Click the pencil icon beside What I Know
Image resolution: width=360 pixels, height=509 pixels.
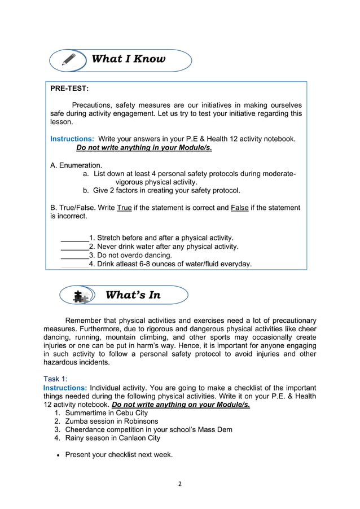tap(69, 60)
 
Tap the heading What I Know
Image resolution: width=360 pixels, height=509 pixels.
tap(128, 59)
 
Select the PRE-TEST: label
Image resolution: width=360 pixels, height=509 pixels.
tap(69, 89)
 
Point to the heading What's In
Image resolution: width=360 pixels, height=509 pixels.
tap(133, 295)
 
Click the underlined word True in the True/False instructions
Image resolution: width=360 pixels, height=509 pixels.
tap(124, 208)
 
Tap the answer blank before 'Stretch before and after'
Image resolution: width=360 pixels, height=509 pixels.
tap(74, 238)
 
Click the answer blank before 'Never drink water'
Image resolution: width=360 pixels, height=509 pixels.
tap(74, 247)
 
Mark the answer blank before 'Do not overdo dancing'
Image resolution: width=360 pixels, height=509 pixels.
tap(74, 255)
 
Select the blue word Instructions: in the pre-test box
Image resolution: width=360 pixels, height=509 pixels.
tap(72, 139)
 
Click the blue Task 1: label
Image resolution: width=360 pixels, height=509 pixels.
tap(55, 379)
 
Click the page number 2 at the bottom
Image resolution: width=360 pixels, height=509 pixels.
tap(179, 484)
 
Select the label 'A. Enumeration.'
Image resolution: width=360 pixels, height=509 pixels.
tap(76, 165)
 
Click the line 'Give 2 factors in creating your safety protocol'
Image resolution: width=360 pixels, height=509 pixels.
tap(166, 190)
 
